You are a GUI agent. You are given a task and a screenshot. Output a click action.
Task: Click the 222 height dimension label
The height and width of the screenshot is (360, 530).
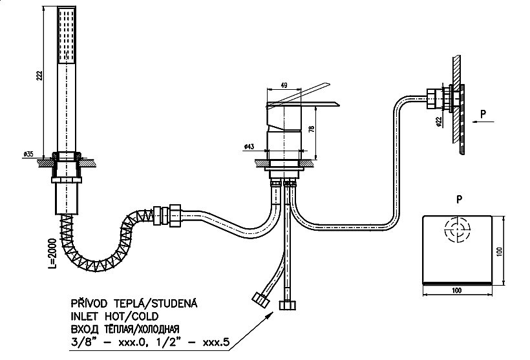(x=40, y=75)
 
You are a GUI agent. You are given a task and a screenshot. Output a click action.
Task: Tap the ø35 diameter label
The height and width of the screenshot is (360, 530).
(x=28, y=154)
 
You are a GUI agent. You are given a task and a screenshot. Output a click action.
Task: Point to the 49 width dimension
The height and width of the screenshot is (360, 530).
(x=284, y=85)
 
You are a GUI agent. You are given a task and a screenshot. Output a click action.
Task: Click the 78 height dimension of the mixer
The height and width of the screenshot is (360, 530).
(x=312, y=129)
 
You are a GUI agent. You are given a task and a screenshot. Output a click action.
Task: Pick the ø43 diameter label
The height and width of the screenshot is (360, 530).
(x=249, y=147)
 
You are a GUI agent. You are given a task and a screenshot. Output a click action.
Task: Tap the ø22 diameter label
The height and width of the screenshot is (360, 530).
(x=438, y=122)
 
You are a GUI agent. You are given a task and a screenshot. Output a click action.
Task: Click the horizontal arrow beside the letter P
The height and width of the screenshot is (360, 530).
(x=483, y=122)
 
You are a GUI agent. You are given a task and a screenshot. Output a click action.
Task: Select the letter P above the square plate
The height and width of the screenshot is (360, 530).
(x=459, y=200)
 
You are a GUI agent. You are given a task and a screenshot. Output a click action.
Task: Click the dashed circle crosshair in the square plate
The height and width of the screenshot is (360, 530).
(x=458, y=230)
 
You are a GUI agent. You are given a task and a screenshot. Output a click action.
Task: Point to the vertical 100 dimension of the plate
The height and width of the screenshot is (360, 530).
(x=500, y=251)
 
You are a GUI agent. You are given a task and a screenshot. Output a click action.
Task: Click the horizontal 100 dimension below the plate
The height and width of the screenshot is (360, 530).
(x=456, y=290)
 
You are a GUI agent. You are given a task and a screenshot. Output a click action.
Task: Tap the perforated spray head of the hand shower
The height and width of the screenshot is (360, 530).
(x=67, y=35)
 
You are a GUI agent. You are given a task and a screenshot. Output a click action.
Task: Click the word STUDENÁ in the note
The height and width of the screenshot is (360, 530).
(x=173, y=303)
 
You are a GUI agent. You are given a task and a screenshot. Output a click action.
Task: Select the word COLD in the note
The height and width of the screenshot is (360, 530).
(x=145, y=317)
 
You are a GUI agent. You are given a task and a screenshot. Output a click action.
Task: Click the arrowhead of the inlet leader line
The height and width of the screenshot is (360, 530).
(x=270, y=315)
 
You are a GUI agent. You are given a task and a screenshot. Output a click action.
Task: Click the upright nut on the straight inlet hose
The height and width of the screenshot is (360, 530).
(x=288, y=305)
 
